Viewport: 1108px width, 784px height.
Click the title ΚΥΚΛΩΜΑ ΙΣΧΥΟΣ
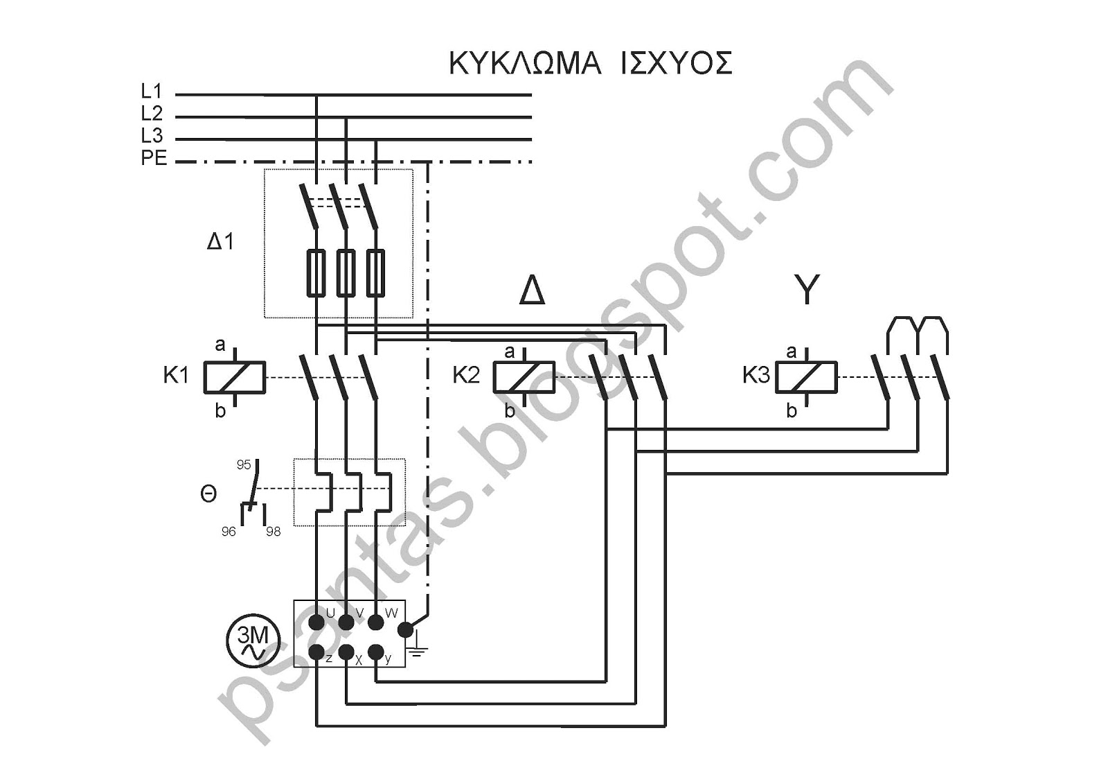(x=591, y=63)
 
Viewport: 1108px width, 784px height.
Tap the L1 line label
(x=152, y=91)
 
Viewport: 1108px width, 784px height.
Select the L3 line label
(x=152, y=135)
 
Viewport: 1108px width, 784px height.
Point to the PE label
(x=154, y=158)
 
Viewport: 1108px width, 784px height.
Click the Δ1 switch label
(x=220, y=241)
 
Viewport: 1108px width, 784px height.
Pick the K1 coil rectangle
(x=235, y=377)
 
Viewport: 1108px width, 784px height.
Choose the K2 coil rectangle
(x=524, y=377)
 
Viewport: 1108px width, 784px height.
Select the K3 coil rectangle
(x=806, y=377)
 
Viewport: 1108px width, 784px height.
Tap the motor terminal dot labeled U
(x=316, y=622)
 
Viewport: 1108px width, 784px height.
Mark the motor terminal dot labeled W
(x=377, y=622)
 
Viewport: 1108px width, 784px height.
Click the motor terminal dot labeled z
(x=316, y=652)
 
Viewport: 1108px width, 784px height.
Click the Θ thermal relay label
(x=208, y=494)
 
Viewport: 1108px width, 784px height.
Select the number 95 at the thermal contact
(x=243, y=464)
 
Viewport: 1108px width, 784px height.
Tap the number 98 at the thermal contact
(x=273, y=532)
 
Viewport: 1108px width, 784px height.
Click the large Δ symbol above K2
(x=533, y=290)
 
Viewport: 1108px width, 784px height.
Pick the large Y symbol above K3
(x=807, y=290)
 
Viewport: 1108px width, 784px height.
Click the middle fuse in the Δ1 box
(x=346, y=273)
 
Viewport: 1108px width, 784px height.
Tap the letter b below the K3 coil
(x=792, y=410)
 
